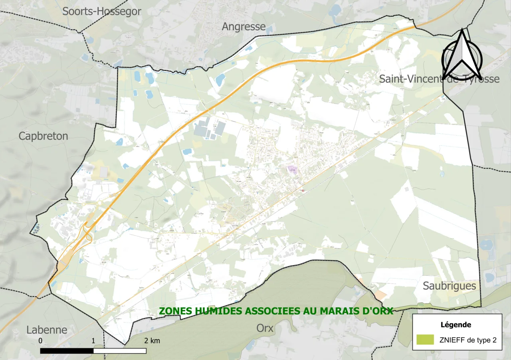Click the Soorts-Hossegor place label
pyautogui.click(x=102, y=12)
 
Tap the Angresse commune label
pyautogui.click(x=244, y=27)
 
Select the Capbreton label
pyautogui.click(x=44, y=136)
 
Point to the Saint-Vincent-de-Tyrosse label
pyautogui.click(x=439, y=79)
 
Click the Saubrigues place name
pyautogui.click(x=450, y=286)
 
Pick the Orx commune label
pyautogui.click(x=265, y=328)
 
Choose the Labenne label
pyautogui.click(x=47, y=330)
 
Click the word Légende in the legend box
pyautogui.click(x=456, y=324)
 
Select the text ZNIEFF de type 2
pyautogui.click(x=467, y=340)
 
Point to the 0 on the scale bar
pyautogui.click(x=41, y=341)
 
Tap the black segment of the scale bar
pyautogui.click(x=67, y=351)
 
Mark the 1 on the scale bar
pyautogui.click(x=93, y=341)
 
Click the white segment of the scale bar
pyautogui.click(x=120, y=351)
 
